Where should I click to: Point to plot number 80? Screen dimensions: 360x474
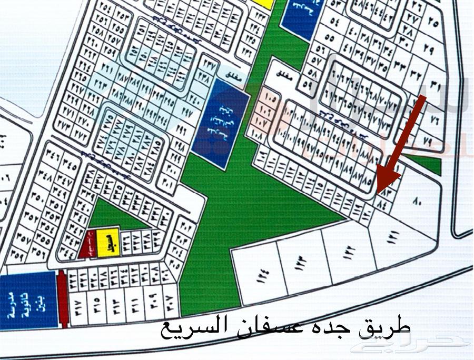pos(418,201)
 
